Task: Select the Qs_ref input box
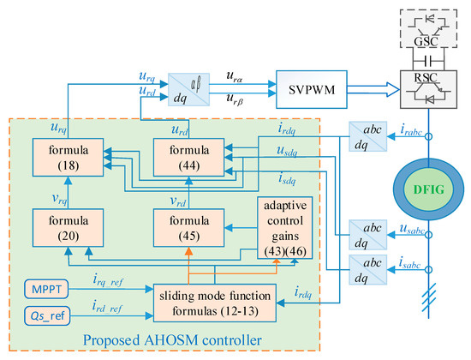44,315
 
